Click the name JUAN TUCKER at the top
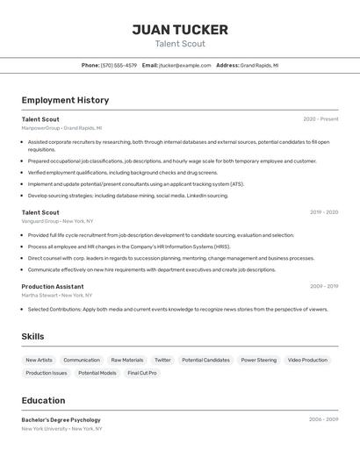pos(179,30)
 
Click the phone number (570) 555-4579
pos(119,65)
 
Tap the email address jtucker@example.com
pos(185,65)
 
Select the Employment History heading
pos(65,100)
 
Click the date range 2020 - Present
pos(320,119)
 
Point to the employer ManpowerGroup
pos(40,128)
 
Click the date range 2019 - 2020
pos(323,212)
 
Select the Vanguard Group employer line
pos(57,221)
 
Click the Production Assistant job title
pos(53,286)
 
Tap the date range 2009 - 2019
pos(323,286)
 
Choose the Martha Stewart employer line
pos(56,296)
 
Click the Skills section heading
pos(32,336)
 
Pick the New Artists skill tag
pos(39,360)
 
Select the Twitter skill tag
pos(162,360)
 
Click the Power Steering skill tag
pos(258,360)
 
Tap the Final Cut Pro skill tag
pos(142,373)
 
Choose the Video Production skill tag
pos(307,360)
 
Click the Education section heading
pos(43,400)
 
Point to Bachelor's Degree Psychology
pos(61,419)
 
